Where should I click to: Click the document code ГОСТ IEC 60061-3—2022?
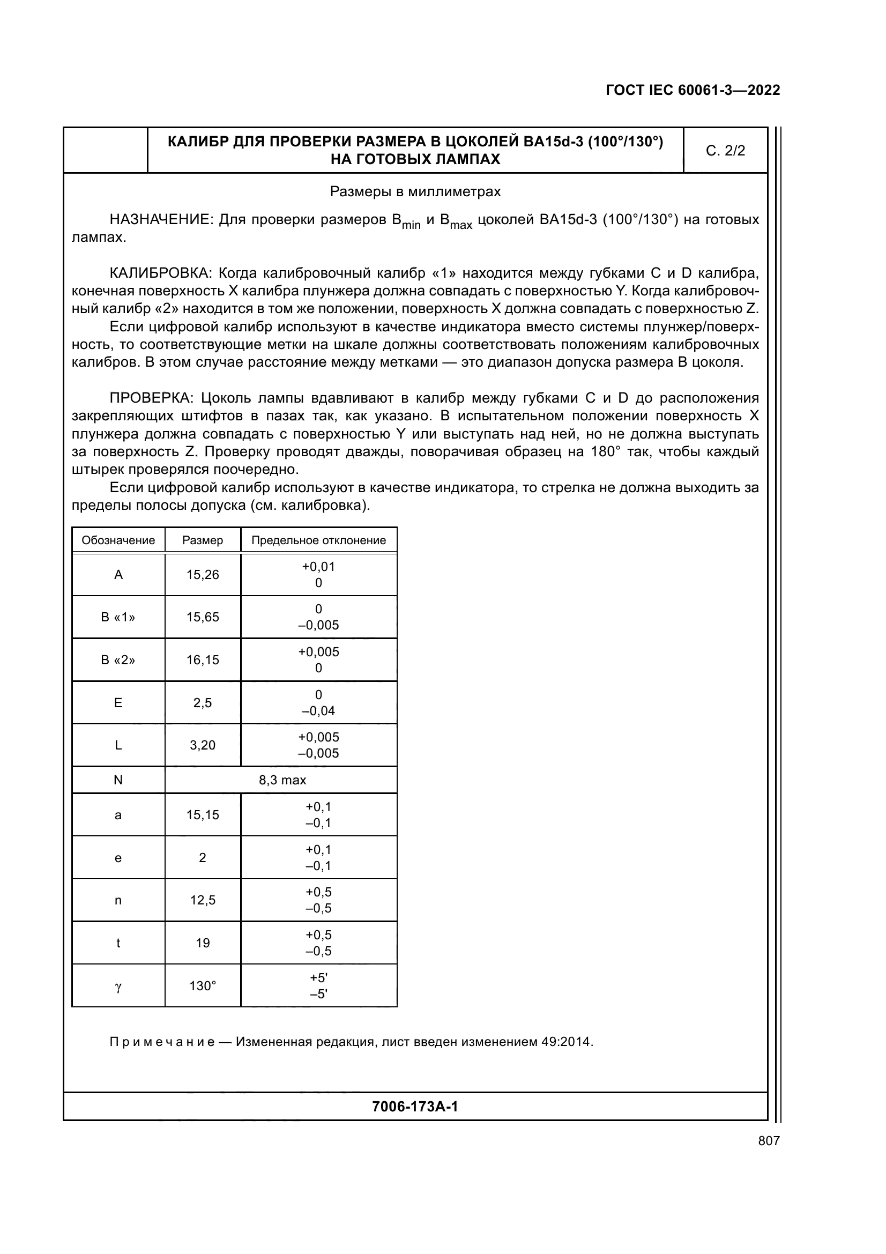pyautogui.click(x=692, y=91)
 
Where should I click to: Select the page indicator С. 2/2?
pyautogui.click(x=725, y=151)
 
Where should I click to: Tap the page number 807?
pyautogui.click(x=769, y=1140)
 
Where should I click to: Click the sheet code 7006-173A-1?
pyautogui.click(x=415, y=1107)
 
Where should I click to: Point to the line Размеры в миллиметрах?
pyautogui.click(x=415, y=192)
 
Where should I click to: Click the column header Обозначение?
pyautogui.click(x=118, y=540)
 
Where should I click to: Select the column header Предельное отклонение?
pyautogui.click(x=318, y=540)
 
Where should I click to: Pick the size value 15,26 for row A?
pyautogui.click(x=203, y=575)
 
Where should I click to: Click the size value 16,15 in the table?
pyautogui.click(x=203, y=660)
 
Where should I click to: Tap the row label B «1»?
pyautogui.click(x=118, y=617)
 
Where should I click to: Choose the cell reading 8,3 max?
pyautogui.click(x=282, y=780)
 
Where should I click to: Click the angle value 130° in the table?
pyautogui.click(x=203, y=986)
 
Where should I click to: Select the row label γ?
pyautogui.click(x=118, y=986)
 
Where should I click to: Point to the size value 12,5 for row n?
pyautogui.click(x=203, y=900)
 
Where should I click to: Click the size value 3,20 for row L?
pyautogui.click(x=203, y=745)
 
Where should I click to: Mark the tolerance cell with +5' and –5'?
pyautogui.click(x=318, y=986)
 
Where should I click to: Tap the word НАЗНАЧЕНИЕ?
pyautogui.click(x=161, y=220)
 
